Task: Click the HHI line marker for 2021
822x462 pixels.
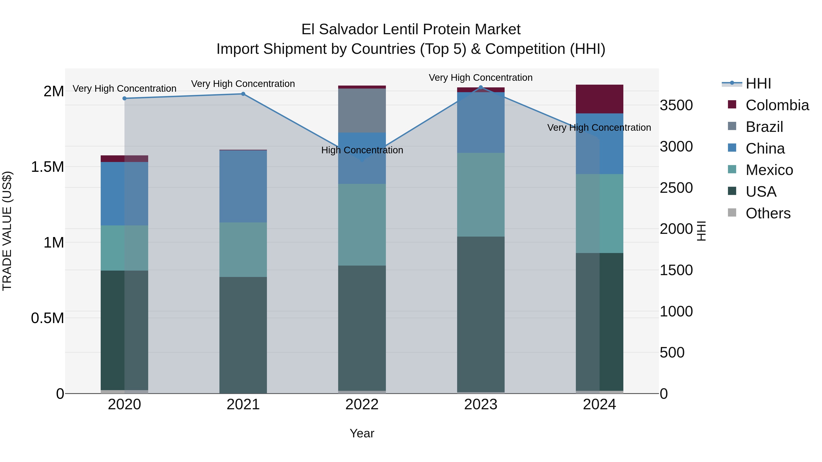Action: click(243, 94)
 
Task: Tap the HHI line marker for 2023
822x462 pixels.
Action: click(481, 87)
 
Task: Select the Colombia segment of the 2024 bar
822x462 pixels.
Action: click(599, 99)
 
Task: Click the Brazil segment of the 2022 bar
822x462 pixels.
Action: click(362, 110)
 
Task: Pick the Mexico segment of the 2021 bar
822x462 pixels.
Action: click(243, 250)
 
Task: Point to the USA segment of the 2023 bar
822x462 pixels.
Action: click(481, 314)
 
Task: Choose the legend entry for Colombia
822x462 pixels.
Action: click(777, 105)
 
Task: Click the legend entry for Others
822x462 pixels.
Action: click(768, 213)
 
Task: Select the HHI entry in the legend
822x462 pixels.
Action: click(758, 84)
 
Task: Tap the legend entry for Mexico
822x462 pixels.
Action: click(769, 170)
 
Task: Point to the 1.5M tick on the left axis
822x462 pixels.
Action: click(47, 167)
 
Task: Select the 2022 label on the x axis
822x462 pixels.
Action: click(362, 405)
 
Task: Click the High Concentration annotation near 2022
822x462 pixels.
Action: click(362, 150)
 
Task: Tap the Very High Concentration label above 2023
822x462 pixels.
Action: click(481, 78)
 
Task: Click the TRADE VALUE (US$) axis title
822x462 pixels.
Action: click(7, 231)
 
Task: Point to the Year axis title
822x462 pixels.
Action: click(362, 433)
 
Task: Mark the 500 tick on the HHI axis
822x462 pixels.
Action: click(672, 353)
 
